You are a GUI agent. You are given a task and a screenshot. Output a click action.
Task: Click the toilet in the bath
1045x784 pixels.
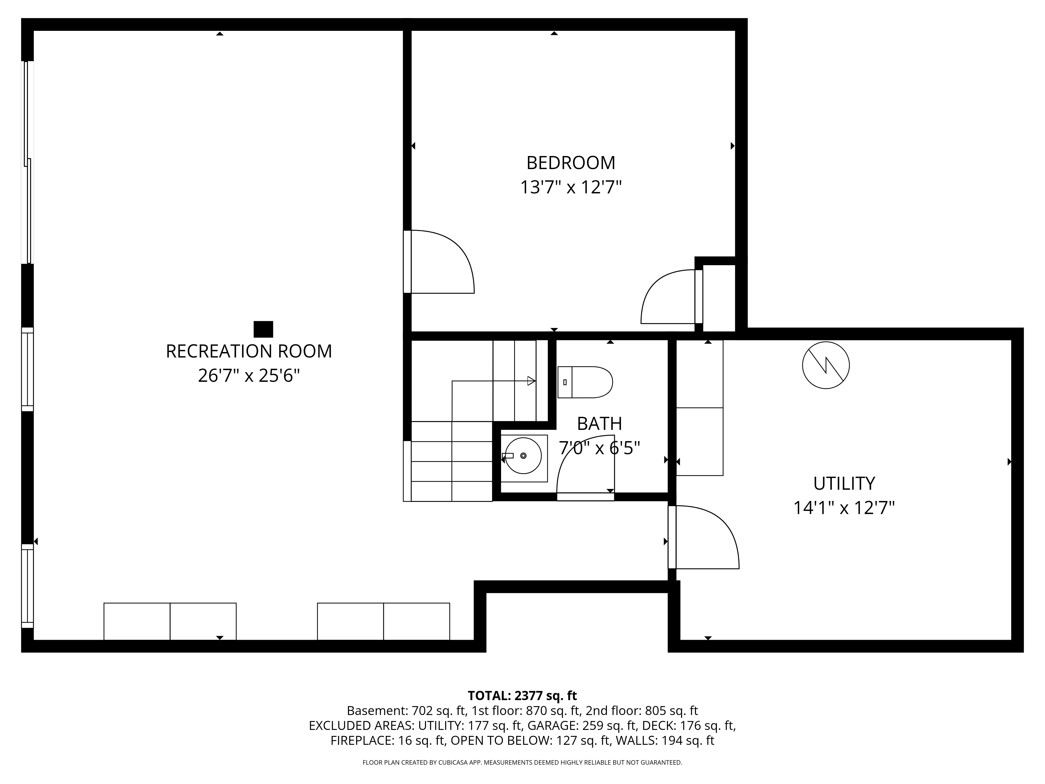click(x=585, y=382)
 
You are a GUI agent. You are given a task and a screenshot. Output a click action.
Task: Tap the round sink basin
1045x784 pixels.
click(x=523, y=456)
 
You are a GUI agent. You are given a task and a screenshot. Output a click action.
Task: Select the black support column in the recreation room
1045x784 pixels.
click(x=263, y=329)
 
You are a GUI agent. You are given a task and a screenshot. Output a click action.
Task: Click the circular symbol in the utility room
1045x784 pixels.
click(x=826, y=365)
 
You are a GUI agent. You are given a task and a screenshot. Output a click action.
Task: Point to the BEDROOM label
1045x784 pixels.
click(x=571, y=163)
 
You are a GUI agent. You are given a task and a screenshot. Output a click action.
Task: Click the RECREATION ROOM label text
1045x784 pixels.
click(x=249, y=351)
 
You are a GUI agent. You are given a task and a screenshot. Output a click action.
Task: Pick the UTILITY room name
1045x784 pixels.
click(x=844, y=483)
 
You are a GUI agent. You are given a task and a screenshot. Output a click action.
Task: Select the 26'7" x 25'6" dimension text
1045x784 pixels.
click(x=249, y=376)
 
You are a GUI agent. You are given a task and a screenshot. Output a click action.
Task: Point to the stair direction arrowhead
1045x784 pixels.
click(x=531, y=381)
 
